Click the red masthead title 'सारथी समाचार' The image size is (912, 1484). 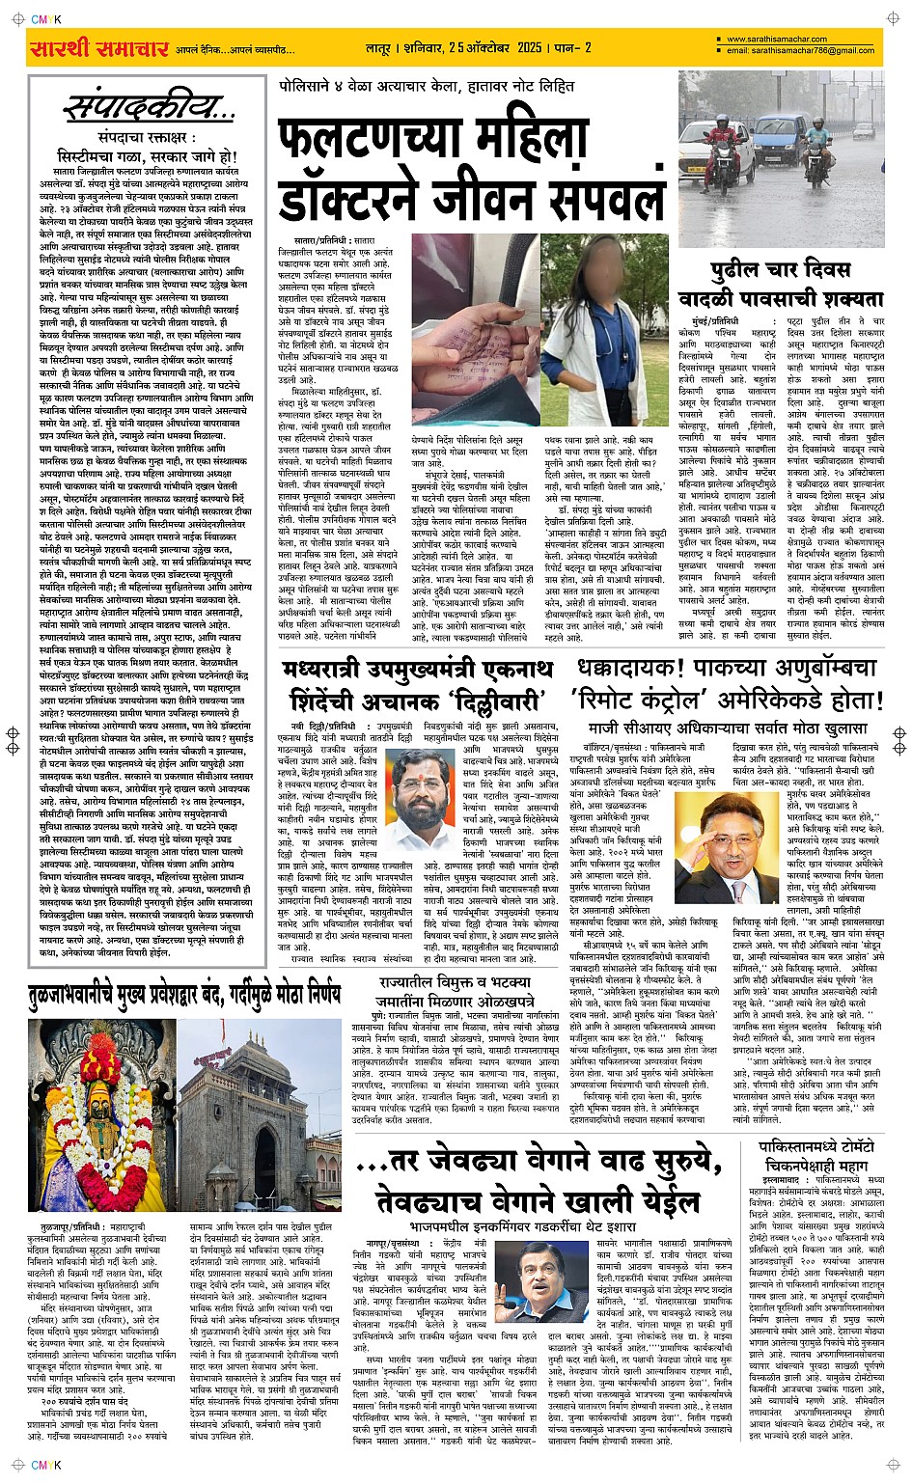point(99,47)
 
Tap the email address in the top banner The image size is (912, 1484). point(800,51)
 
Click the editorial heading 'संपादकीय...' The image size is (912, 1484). point(148,108)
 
